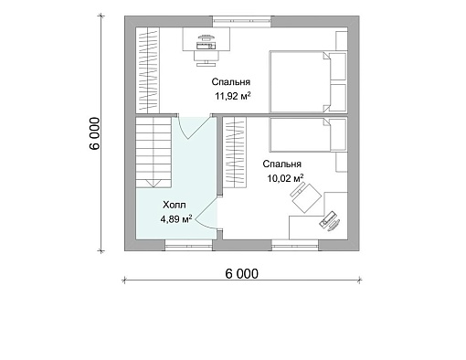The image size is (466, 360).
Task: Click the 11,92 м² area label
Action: [x=233, y=96]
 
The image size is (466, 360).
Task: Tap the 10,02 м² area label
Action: [x=285, y=178]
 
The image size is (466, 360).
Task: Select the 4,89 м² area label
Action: [x=176, y=218]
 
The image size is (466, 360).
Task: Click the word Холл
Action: [x=175, y=205]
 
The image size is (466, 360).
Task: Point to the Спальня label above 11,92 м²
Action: [x=231, y=82]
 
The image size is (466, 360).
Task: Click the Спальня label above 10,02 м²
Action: [x=282, y=164]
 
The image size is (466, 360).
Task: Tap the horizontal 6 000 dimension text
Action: [x=241, y=274]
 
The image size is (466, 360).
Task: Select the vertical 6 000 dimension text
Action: [x=95, y=133]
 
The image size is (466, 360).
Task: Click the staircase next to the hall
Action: [x=154, y=153]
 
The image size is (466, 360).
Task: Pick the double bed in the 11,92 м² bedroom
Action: [x=308, y=81]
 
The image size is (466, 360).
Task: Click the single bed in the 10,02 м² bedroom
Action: [x=308, y=134]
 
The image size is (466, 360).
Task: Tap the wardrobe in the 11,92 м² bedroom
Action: [x=148, y=70]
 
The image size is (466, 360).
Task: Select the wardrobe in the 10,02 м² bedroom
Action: [x=234, y=153]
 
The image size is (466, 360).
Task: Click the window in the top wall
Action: [x=241, y=21]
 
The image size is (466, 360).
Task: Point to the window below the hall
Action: [x=189, y=245]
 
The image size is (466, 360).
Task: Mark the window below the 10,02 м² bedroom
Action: [x=295, y=245]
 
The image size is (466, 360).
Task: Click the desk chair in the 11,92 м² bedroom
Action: [x=207, y=58]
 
